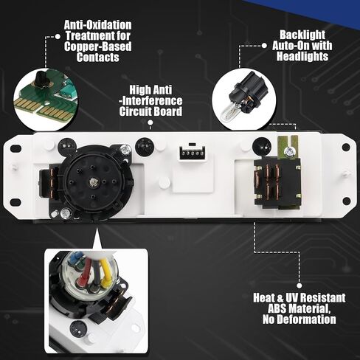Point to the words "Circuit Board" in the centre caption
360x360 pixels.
click(151, 112)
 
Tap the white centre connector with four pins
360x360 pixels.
click(192, 154)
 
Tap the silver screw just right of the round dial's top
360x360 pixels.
click(126, 149)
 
